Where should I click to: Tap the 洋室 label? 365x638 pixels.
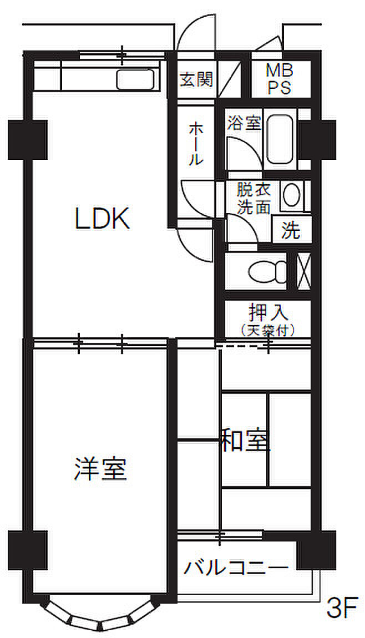[100, 469]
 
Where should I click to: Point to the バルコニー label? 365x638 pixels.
[237, 568]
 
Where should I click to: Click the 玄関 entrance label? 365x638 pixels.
[196, 80]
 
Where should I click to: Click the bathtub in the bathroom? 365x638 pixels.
[281, 139]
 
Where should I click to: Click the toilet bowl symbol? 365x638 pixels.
[266, 272]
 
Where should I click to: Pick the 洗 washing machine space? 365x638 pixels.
[290, 230]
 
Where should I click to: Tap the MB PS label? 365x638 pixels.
[281, 79]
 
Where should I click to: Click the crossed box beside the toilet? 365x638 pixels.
[303, 271]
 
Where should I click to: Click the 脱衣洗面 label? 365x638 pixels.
[254, 198]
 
